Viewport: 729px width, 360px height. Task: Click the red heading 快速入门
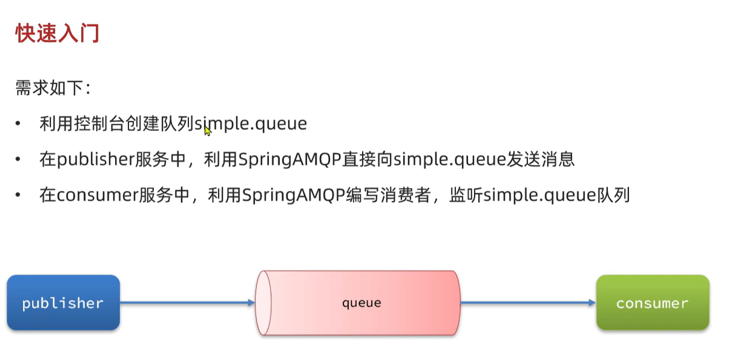(57, 33)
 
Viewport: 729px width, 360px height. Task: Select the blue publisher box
(63, 302)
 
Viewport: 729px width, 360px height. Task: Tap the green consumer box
(652, 302)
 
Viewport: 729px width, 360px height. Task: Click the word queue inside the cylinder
(362, 303)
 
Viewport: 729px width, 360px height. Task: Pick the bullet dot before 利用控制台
(18, 124)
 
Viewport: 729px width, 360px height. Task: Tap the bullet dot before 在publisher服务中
(18, 160)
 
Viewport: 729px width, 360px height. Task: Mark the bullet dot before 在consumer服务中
(18, 195)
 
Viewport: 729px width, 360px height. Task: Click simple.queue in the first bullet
(251, 124)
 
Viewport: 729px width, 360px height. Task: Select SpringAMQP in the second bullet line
(291, 160)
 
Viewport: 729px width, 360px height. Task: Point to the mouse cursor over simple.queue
(207, 131)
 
